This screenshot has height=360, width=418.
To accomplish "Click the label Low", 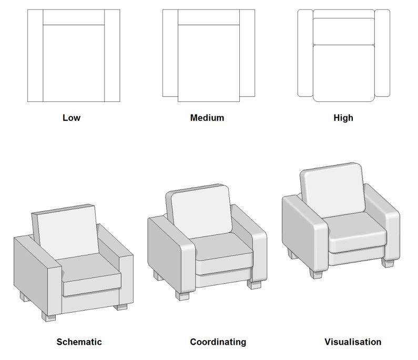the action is coord(72,118).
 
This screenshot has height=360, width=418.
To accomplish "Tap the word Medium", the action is coord(207,118).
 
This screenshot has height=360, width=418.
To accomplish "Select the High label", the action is coord(343,118).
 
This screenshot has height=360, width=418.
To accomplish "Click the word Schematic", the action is coord(79,342).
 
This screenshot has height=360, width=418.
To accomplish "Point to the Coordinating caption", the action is coord(218,342).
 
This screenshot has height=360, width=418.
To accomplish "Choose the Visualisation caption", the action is coord(353,342).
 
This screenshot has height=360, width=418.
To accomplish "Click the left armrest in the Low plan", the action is coord(35,56).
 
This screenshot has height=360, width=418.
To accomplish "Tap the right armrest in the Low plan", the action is coord(112,56).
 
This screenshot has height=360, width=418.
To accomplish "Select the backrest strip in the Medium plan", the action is coord(209,17).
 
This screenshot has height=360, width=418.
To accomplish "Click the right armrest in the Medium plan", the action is coord(247,53).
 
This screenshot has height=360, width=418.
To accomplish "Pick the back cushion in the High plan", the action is coord(344,32).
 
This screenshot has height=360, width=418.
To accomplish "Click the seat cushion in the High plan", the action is coord(344,73).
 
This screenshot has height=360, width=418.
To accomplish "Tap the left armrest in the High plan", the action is coord(305,53).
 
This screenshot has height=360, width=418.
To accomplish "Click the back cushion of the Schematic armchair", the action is coord(68,232).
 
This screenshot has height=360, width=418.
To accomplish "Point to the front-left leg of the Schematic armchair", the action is coord(48,316).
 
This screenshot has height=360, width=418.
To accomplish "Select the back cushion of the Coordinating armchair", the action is coord(201,211).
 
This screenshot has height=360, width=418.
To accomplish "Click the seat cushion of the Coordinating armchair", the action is coord(222,246).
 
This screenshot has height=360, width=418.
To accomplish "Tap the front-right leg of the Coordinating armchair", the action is coord(254,284).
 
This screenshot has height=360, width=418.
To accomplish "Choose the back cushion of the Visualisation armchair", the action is coord(333,191).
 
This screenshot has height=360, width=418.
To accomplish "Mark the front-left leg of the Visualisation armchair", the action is coord(316,274).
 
